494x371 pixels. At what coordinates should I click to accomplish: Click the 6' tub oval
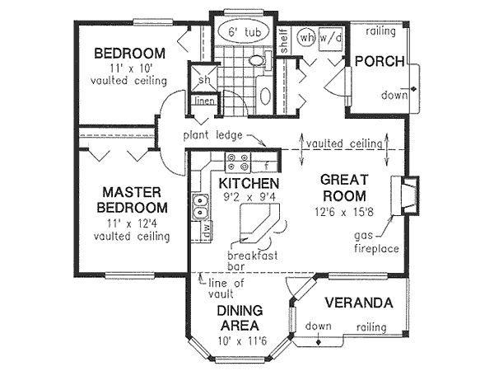(x=245, y=32)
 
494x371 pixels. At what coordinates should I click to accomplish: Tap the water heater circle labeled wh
(x=306, y=38)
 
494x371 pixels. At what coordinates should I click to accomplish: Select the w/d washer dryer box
(x=330, y=39)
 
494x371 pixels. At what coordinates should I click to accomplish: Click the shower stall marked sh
(x=203, y=78)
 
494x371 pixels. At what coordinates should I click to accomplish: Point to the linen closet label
(x=204, y=101)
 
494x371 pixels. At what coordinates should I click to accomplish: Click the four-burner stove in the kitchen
(x=238, y=162)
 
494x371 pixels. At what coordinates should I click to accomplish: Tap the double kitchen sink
(x=200, y=206)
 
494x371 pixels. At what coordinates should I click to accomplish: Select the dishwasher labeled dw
(x=207, y=231)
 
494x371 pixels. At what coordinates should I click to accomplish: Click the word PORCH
(x=380, y=61)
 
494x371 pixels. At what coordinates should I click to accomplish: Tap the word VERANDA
(x=359, y=303)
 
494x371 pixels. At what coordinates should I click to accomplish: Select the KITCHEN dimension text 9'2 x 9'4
(x=249, y=197)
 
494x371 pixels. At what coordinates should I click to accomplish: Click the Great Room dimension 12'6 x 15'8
(x=344, y=212)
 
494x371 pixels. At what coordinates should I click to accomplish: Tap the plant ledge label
(x=213, y=135)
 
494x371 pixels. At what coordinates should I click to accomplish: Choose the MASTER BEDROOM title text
(x=133, y=200)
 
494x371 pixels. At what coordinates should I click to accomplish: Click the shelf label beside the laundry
(x=284, y=41)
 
